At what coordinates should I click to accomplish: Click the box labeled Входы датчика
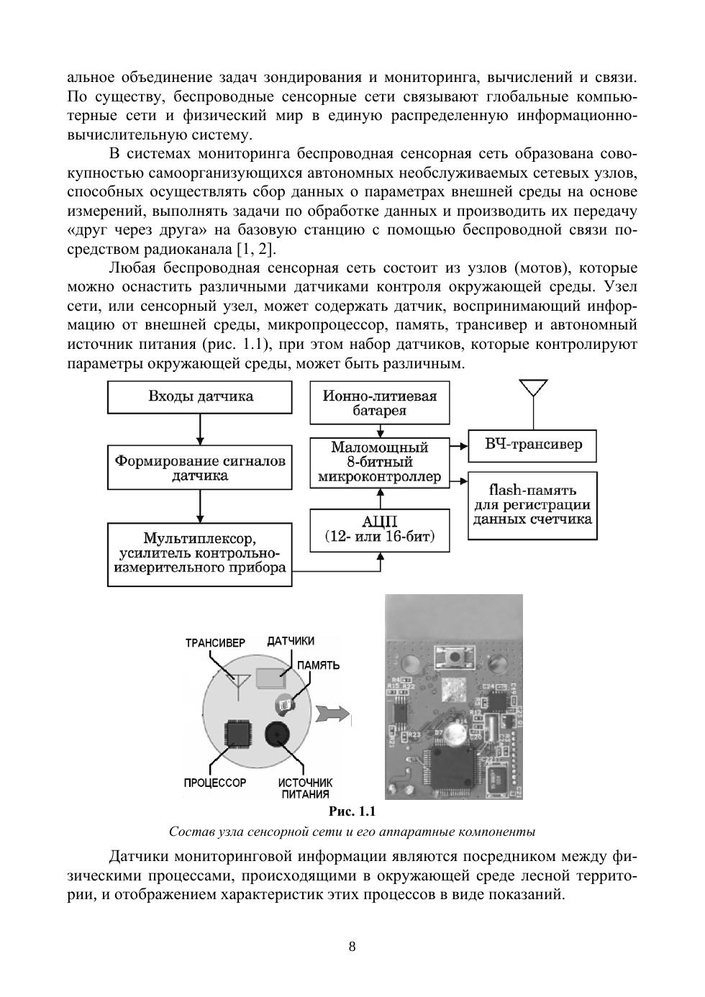(x=200, y=397)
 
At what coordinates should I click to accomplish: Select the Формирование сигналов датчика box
(x=200, y=468)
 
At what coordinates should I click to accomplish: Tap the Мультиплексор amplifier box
(x=200, y=554)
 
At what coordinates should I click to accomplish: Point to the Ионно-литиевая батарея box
(x=380, y=404)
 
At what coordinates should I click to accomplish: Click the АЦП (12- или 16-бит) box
(x=380, y=530)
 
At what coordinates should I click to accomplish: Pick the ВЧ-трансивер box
(x=532, y=445)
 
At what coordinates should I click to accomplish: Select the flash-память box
(x=532, y=506)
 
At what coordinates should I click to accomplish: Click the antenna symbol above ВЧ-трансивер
(x=532, y=389)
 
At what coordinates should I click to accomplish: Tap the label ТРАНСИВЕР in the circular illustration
(x=215, y=643)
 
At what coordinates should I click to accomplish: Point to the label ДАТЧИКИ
(x=291, y=641)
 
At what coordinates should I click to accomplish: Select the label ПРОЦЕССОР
(x=215, y=783)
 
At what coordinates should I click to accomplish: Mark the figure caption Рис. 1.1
(x=352, y=812)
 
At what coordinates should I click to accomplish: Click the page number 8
(x=352, y=947)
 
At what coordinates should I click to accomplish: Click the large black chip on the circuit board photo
(x=450, y=769)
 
